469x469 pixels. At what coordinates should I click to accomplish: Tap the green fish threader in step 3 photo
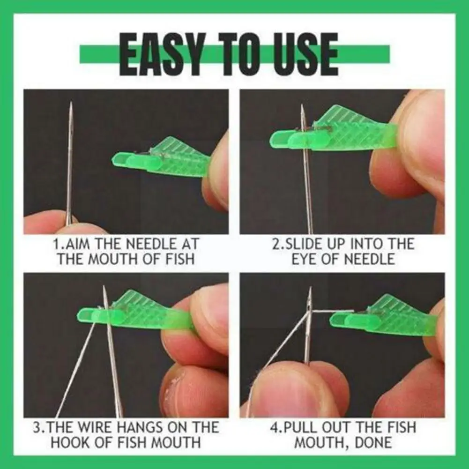coord(136,312)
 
